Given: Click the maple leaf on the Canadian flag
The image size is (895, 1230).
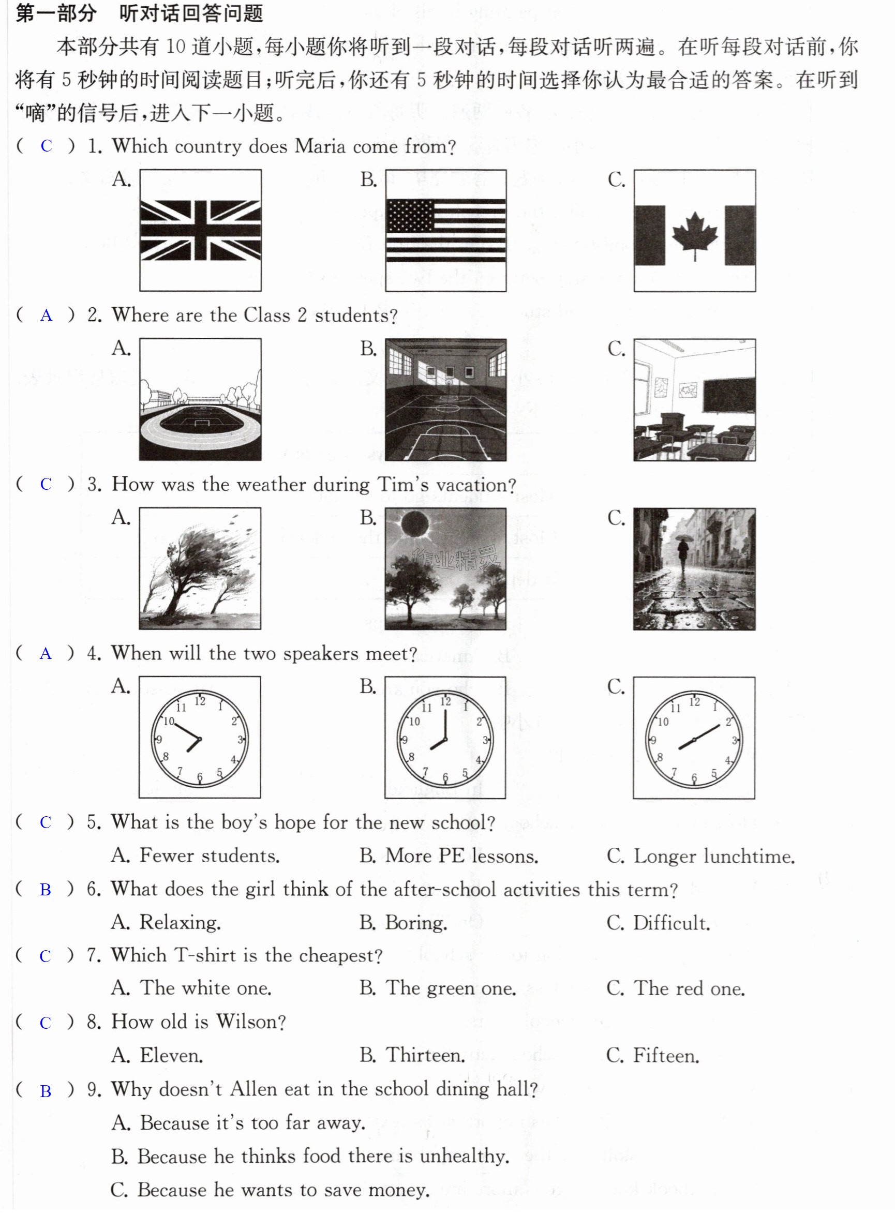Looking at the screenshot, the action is click(x=695, y=236).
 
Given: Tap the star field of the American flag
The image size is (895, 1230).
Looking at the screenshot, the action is click(x=410, y=216).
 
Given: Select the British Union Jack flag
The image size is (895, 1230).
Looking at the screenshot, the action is click(x=200, y=230).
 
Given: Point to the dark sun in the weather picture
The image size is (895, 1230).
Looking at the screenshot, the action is click(x=415, y=524).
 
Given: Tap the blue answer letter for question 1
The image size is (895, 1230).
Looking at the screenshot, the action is click(x=46, y=146).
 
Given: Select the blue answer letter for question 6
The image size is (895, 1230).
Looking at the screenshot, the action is click(x=46, y=890).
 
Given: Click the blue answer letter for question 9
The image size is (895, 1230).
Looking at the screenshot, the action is click(x=46, y=1091).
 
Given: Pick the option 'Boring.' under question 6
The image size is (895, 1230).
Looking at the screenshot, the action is click(x=404, y=923).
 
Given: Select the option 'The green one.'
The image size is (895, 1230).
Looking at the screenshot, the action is click(x=438, y=988).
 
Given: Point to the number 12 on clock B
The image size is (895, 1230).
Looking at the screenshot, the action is click(x=445, y=701).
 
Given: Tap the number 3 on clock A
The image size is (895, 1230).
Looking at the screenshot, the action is click(x=240, y=739).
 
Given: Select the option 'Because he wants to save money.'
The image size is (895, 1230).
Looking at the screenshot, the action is click(x=270, y=1190).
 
